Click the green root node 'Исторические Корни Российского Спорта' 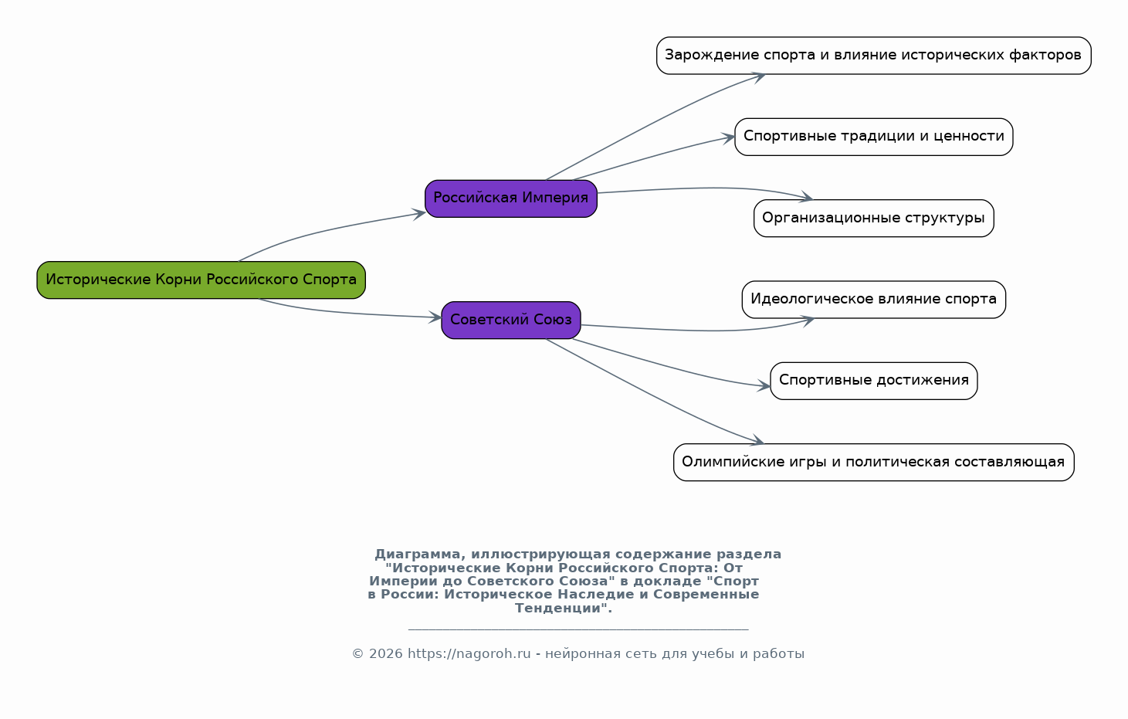[201, 280]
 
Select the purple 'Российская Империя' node [510, 198]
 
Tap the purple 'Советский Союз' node [510, 320]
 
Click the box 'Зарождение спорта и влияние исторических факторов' [873, 55]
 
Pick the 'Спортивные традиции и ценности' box [873, 137]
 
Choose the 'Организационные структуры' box [873, 218]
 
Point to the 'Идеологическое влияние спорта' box [873, 299]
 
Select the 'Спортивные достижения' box [873, 381]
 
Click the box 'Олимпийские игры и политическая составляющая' [873, 462]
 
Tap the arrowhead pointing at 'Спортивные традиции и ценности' [728, 137]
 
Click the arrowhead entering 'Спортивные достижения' [764, 386]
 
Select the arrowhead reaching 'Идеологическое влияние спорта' [806, 320]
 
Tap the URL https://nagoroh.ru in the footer [469, 654]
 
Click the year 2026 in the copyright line [386, 654]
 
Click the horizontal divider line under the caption [578, 629]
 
